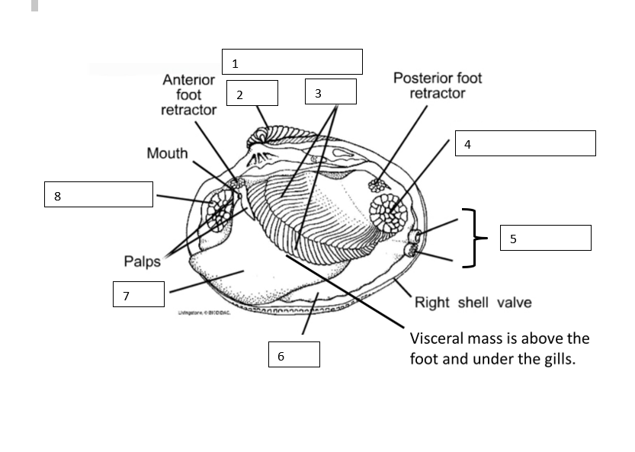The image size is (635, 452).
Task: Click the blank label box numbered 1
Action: tap(292, 62)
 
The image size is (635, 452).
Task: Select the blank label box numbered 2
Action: tap(252, 93)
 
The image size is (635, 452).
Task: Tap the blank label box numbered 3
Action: tap(330, 91)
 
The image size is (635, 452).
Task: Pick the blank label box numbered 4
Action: tap(525, 143)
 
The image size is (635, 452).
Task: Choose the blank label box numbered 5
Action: tap(545, 238)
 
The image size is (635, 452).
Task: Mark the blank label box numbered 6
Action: tap(293, 354)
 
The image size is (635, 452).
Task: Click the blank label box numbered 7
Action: tap(139, 293)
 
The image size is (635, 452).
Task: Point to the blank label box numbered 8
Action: tap(98, 194)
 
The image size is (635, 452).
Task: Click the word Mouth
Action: tap(167, 154)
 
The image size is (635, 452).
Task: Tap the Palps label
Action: tap(142, 261)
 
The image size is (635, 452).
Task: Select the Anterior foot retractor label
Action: tap(188, 95)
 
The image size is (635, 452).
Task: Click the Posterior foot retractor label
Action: tap(438, 85)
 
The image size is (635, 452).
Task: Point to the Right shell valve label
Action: tap(473, 303)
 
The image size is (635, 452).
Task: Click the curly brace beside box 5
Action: tap(473, 238)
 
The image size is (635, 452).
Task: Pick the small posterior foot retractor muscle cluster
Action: tap(376, 184)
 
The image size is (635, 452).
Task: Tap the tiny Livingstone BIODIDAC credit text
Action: tap(204, 312)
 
